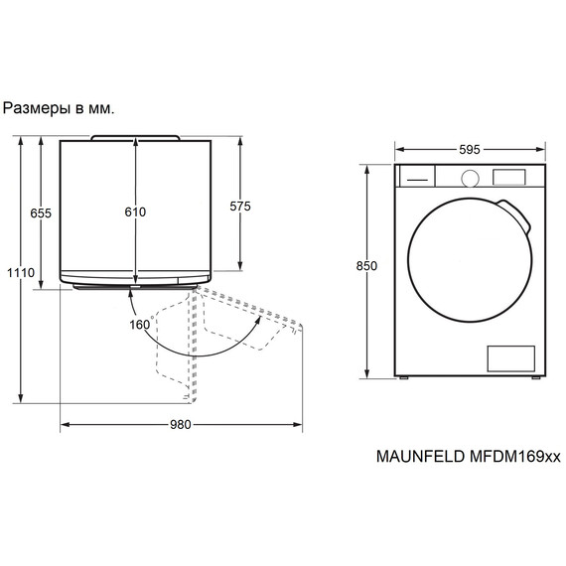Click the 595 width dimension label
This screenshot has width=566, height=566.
[470, 149]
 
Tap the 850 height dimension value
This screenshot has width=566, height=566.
[366, 266]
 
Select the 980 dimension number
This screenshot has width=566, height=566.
[180, 425]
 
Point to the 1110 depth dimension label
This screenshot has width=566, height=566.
[21, 272]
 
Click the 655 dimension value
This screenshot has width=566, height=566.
[41, 213]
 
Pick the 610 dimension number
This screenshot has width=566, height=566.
[135, 212]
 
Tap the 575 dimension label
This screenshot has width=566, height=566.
[240, 207]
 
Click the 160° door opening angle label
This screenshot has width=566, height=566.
[141, 324]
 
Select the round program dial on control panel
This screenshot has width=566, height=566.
[471, 178]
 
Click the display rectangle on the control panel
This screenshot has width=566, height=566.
[509, 177]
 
